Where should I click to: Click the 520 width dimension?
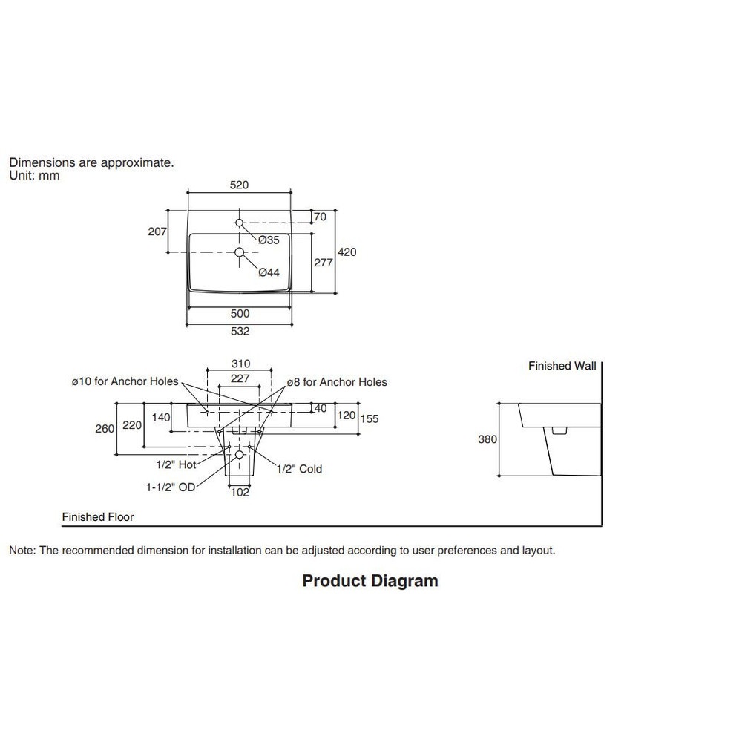coord(239,185)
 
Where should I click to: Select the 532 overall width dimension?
coord(240,332)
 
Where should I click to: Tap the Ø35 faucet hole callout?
coord(269,240)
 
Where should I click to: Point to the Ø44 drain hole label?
coord(269,272)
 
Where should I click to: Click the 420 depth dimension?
coord(347,252)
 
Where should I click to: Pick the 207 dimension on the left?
coord(157,232)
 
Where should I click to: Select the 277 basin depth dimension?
coord(324,262)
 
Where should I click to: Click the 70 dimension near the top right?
coord(321,217)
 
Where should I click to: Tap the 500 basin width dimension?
coord(240,314)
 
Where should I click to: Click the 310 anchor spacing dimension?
coord(240,364)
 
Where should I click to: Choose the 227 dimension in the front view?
coord(240,378)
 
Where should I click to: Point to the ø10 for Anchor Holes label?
coord(125,381)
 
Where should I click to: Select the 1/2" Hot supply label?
coord(176,464)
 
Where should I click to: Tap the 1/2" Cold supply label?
coord(299,469)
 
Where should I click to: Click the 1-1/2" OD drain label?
coord(171,487)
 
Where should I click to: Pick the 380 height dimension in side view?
coord(487,439)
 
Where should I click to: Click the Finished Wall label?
coord(562,366)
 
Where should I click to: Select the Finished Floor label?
coord(98,517)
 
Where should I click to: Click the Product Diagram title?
coord(370,580)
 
